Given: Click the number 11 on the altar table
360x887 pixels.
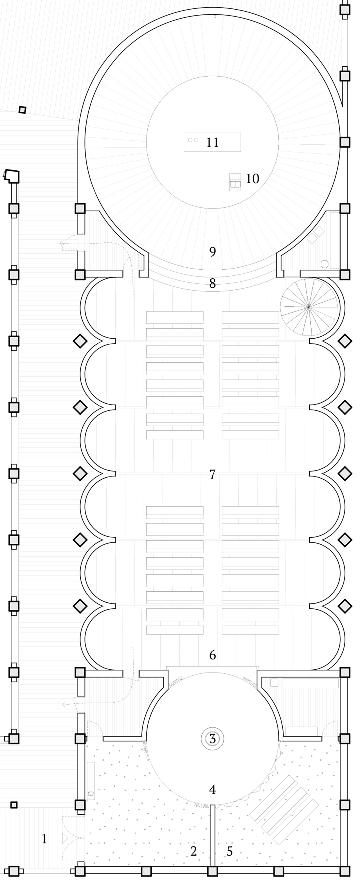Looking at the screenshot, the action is [212, 142].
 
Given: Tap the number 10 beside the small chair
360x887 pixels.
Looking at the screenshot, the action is [252, 179].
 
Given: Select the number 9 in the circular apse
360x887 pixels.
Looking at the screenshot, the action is [213, 252].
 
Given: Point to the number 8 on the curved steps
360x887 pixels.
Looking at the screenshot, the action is [213, 283].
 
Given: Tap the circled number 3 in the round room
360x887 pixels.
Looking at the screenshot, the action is [213, 739].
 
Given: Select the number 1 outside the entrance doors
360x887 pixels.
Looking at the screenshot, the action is [44, 839].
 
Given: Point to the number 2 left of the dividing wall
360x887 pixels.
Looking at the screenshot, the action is [194, 851].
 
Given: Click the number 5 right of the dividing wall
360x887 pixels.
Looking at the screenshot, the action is [230, 851].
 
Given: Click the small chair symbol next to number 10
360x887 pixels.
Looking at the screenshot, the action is [235, 182].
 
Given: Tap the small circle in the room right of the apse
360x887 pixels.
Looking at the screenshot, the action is [325, 264].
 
